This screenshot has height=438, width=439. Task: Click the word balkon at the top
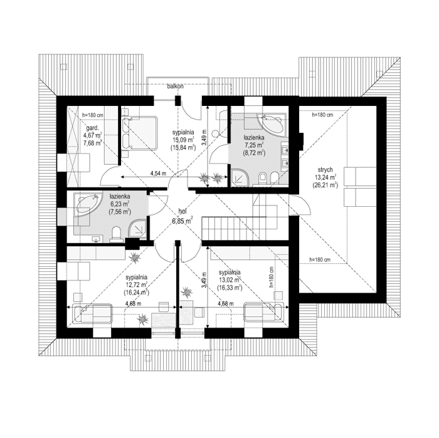tap(176, 87)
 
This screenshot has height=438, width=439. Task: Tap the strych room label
tap(324, 169)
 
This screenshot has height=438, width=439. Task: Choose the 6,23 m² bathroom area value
tap(119, 204)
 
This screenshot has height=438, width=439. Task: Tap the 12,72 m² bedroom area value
tap(136, 284)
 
